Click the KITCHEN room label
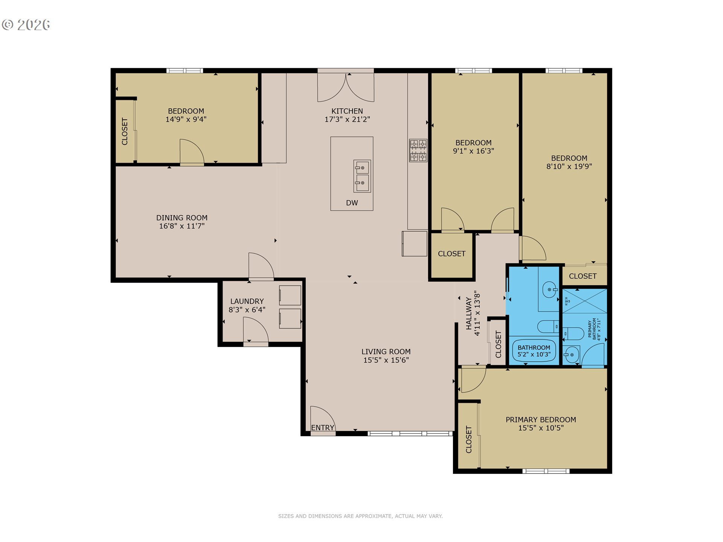[347, 111]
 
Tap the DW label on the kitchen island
[352, 203]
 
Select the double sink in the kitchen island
[362, 176]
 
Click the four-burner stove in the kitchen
[418, 151]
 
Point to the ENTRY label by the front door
[323, 428]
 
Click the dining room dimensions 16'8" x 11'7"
[182, 226]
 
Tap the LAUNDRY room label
[247, 301]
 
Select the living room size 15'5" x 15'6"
[386, 360]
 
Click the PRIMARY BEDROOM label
[541, 419]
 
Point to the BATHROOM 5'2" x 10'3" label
[534, 351]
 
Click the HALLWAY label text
[469, 313]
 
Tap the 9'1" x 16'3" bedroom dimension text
[473, 151]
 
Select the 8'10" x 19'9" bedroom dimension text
[569, 166]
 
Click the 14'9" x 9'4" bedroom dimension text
[186, 119]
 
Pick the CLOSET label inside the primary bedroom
[469, 439]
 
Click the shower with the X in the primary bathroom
[585, 301]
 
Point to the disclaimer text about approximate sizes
[360, 516]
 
